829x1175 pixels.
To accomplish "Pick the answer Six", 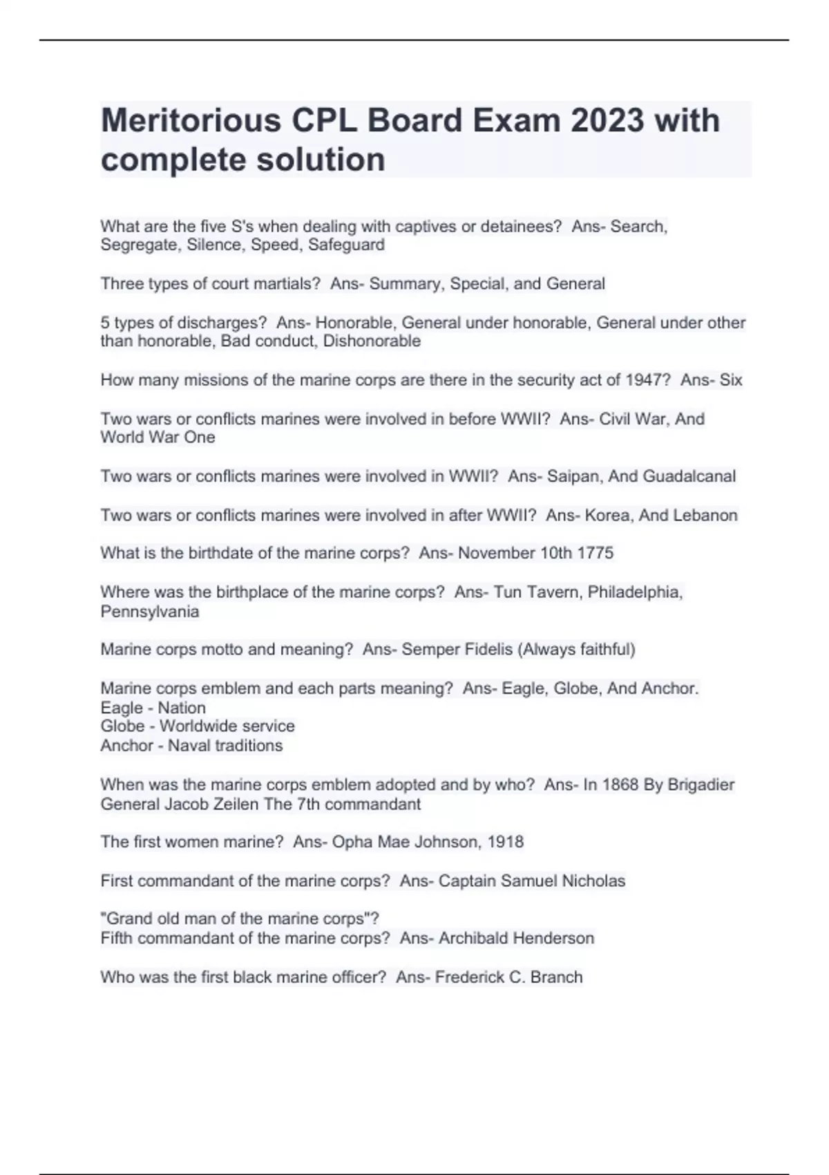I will coord(731,379).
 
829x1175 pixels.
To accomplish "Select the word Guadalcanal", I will coord(689,476).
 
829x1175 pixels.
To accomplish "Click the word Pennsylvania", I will coord(149,611).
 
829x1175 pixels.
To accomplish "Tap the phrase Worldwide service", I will coord(227,726).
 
